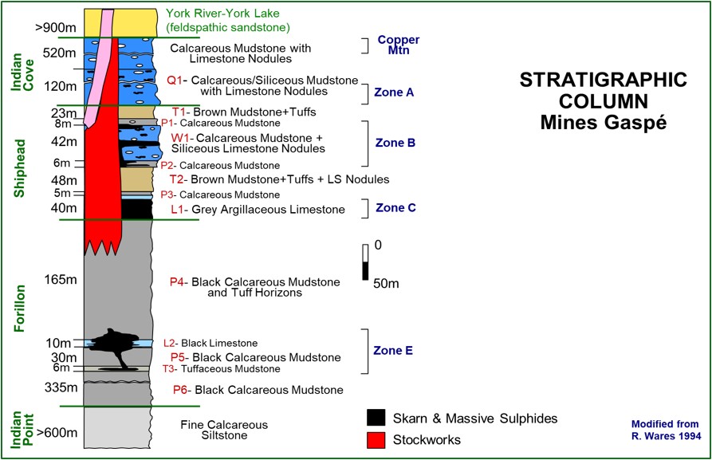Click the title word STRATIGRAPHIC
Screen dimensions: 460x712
pos(602,81)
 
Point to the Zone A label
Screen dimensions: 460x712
pos(394,92)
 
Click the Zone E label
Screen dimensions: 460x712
pos(394,351)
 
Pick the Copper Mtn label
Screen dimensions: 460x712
pos(398,45)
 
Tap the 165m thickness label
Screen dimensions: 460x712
pos(41,280)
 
